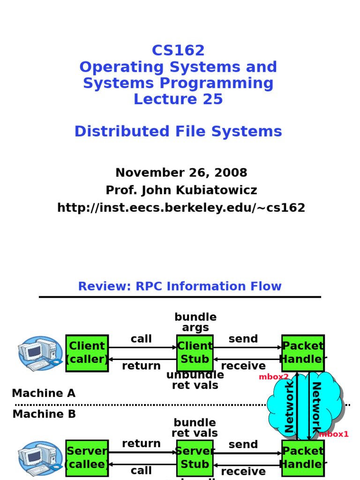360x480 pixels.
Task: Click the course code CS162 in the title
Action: tap(178, 50)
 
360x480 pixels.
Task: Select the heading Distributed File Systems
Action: tap(178, 132)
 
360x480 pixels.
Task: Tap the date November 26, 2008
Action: tap(181, 172)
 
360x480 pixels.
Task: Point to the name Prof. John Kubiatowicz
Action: tap(181, 190)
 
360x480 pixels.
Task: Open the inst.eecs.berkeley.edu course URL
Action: tap(181, 208)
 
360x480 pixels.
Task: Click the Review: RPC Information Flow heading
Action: tap(180, 286)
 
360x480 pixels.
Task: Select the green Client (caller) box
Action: tap(87, 353)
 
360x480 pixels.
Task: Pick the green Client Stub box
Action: tap(195, 353)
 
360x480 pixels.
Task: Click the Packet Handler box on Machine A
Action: tap(303, 353)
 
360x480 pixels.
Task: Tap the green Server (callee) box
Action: tap(87, 458)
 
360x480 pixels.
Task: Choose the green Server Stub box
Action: tap(195, 458)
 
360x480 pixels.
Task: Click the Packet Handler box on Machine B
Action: tap(303, 458)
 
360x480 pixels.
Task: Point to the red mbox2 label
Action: tap(274, 377)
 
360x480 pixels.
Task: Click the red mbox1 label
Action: tap(334, 434)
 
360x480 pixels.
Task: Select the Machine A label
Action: tap(44, 393)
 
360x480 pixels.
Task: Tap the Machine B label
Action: tap(44, 414)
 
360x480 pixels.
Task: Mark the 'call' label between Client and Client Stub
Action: tap(141, 339)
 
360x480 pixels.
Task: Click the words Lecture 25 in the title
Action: tap(178, 99)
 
